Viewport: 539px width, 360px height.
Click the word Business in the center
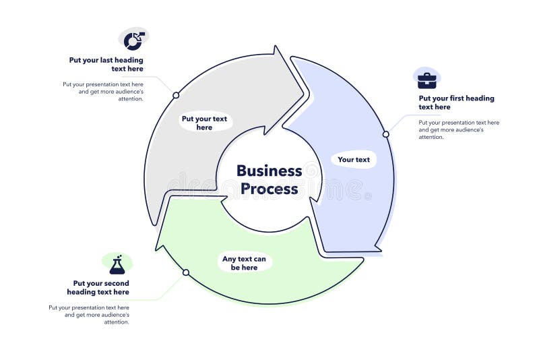pyautogui.click(x=269, y=171)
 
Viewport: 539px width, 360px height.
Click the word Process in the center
pyautogui.click(x=269, y=189)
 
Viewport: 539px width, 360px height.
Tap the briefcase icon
pyautogui.click(x=426, y=81)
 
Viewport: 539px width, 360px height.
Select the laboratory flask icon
pyautogui.click(x=117, y=265)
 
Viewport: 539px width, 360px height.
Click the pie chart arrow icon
pyautogui.click(x=134, y=40)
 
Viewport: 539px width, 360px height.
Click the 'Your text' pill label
pyautogui.click(x=354, y=160)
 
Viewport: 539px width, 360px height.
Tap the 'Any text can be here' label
pyautogui.click(x=244, y=263)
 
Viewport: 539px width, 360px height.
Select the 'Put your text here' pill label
pyautogui.click(x=204, y=123)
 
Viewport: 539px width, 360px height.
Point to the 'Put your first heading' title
pyautogui.click(x=456, y=102)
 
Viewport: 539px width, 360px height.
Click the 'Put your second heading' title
pyautogui.click(x=98, y=288)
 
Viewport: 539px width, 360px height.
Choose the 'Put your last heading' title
pyautogui.click(x=106, y=64)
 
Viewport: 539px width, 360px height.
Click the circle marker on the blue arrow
pyautogui.click(x=386, y=134)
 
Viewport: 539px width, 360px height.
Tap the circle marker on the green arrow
pyautogui.click(x=186, y=272)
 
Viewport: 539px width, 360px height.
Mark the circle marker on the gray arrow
pyautogui.click(x=176, y=95)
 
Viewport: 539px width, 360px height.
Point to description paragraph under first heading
pyautogui.click(x=458, y=130)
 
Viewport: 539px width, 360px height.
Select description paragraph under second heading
pyautogui.click(x=90, y=314)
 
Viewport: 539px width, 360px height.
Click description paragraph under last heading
pyautogui.click(x=104, y=91)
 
